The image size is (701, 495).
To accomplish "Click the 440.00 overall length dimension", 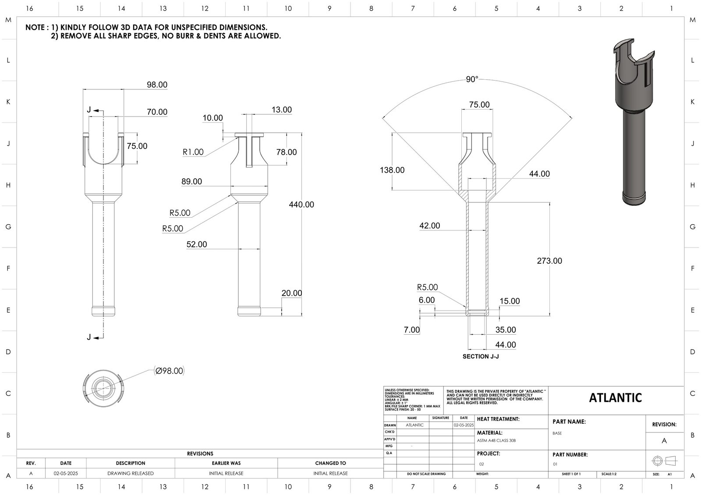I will tap(301, 205).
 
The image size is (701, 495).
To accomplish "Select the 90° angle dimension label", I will tap(472, 79).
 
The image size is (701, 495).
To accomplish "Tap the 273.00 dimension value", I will tap(549, 261).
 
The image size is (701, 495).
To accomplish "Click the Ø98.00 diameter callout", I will tap(169, 371).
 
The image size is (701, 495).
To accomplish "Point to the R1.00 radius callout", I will tap(193, 152).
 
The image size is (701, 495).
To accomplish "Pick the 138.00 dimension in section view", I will tap(392, 170).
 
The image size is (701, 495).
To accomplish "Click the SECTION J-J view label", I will tap(481, 357).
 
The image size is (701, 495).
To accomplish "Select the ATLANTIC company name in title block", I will tap(615, 398).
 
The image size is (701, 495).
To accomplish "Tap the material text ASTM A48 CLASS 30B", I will tap(496, 441).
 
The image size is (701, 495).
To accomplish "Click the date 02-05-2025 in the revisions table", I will tap(66, 474).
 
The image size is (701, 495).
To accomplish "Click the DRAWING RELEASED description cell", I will tap(131, 474).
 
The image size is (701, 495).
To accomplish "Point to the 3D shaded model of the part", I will tap(633, 123).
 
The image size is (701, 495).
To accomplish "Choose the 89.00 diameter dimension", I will tap(191, 181).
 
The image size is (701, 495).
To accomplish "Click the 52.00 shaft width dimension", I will tap(197, 244).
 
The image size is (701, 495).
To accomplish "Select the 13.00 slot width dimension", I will tap(281, 110).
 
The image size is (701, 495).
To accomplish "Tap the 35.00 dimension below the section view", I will tap(506, 330).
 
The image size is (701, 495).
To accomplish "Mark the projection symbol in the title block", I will tap(664, 461).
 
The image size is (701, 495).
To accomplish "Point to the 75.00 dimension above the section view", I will tap(479, 105).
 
